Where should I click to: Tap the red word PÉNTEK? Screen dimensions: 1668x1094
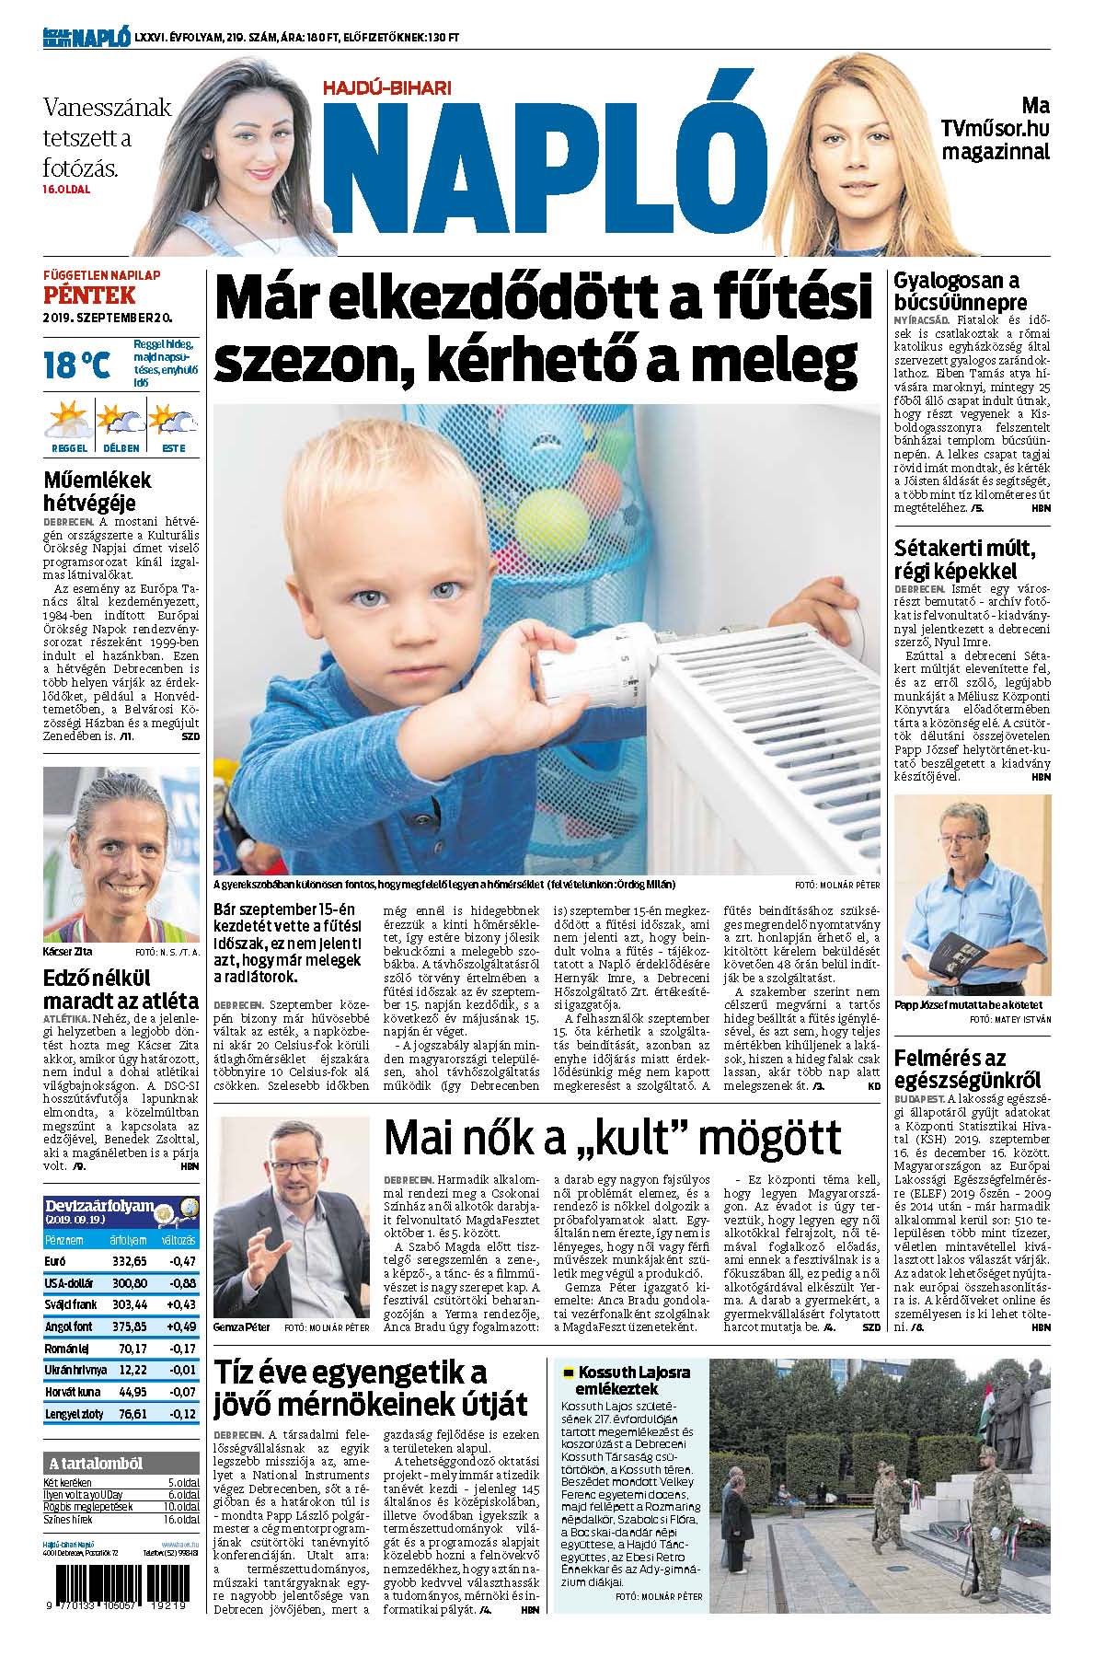(x=90, y=295)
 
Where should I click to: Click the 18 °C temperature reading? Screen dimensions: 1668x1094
(x=77, y=365)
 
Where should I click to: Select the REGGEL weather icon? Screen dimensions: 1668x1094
(x=69, y=423)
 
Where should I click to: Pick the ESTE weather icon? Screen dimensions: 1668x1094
(x=173, y=423)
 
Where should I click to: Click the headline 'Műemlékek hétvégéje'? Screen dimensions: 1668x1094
(x=97, y=491)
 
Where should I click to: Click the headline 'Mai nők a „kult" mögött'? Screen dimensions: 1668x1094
(x=612, y=1139)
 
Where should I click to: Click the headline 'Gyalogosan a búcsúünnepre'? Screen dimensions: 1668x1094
(x=956, y=291)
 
